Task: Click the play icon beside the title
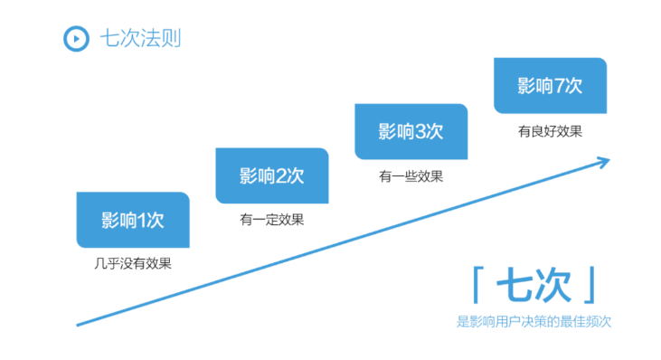click(75, 39)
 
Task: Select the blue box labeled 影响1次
click(132, 220)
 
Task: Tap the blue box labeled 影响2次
click(271, 175)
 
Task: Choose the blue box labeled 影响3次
click(411, 131)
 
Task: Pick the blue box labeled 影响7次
click(550, 86)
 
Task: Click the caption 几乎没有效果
click(132, 263)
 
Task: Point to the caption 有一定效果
click(271, 219)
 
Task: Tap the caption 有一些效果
click(411, 175)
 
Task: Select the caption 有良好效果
click(550, 130)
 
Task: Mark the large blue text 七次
click(534, 286)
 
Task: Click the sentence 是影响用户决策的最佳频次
click(534, 321)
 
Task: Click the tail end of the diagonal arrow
click(80, 323)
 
